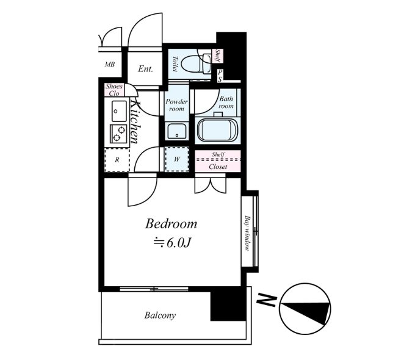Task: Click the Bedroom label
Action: point(171,223)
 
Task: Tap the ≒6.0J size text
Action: point(173,242)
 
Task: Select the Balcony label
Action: point(160,315)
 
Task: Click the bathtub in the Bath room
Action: point(217,131)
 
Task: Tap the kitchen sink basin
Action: point(119,111)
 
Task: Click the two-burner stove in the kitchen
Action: point(118,134)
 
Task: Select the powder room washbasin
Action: point(177,131)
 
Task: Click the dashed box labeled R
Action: point(117,160)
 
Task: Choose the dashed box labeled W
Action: point(177,159)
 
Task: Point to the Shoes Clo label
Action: point(114,90)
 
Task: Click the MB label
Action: point(110,65)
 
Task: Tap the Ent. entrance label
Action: point(145,69)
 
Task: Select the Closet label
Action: point(218,167)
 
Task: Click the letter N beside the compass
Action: point(267,299)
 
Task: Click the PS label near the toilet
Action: point(220,76)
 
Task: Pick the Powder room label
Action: point(177,105)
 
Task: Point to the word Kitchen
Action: point(135,123)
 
